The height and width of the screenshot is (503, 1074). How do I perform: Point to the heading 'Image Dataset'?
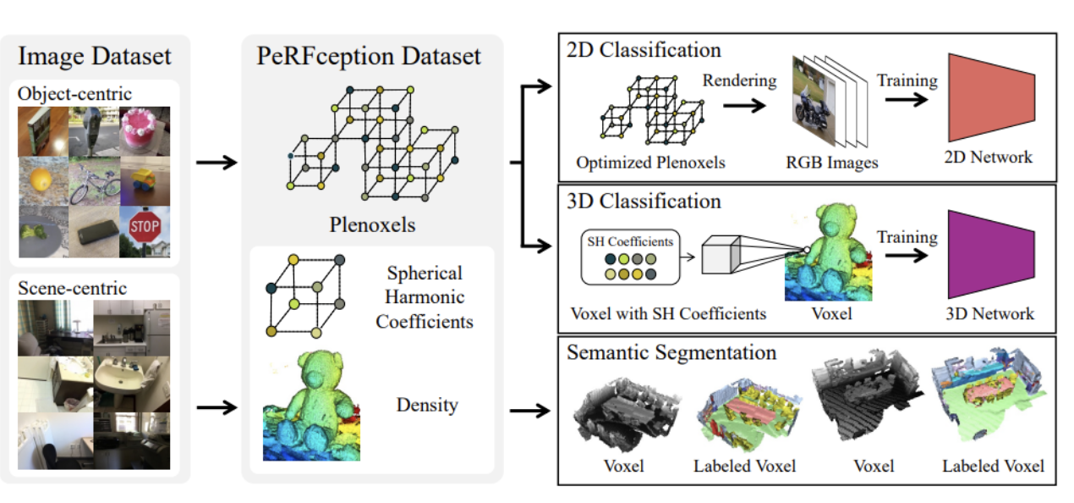point(95,57)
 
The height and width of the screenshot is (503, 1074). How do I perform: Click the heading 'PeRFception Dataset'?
point(369,57)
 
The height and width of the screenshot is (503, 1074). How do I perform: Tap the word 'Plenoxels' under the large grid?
point(372,224)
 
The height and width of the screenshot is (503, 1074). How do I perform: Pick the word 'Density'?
point(427,405)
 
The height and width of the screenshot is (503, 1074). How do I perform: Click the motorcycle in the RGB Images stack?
point(814,108)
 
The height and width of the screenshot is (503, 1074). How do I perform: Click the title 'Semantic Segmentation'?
point(671,351)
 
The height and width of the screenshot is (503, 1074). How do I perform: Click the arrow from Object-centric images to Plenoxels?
point(216,162)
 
